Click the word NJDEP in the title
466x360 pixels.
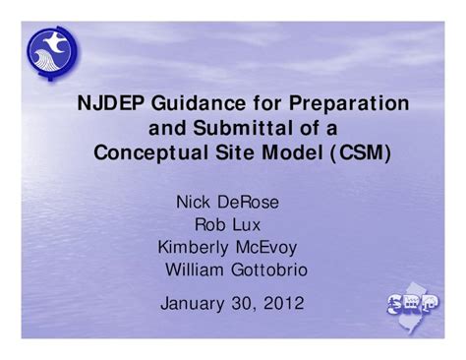pyautogui.click(x=109, y=103)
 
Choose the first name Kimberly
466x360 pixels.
pyautogui.click(x=193, y=247)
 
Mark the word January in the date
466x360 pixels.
pyautogui.click(x=193, y=303)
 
